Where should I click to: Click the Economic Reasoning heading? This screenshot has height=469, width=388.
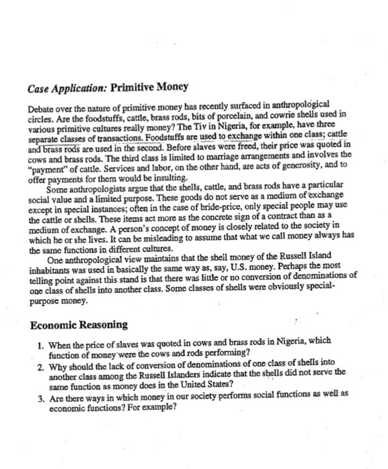(79, 326)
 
